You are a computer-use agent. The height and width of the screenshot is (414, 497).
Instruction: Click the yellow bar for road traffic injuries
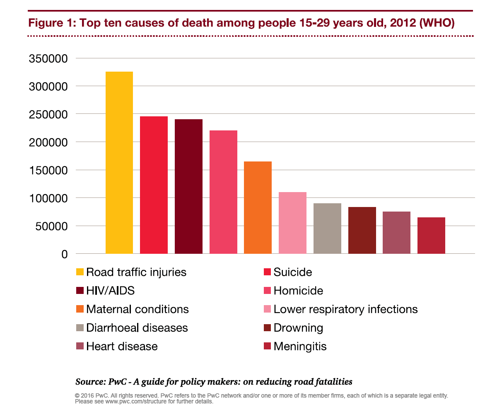point(119,163)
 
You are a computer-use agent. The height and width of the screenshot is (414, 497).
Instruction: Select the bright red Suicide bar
point(154,185)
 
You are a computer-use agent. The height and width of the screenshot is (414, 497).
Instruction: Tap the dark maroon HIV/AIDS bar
point(188,186)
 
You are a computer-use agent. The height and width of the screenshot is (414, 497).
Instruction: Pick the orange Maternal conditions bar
point(258,207)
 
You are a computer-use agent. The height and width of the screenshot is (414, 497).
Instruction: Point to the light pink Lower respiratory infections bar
point(292,223)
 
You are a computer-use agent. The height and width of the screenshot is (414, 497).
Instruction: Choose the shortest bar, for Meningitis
point(431,236)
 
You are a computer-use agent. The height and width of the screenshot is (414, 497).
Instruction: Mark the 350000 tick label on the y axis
point(48,58)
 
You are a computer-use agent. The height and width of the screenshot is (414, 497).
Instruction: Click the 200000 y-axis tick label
point(48,142)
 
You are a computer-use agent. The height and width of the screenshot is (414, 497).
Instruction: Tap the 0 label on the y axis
point(64,254)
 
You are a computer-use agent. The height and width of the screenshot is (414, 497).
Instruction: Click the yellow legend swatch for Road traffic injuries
point(80,272)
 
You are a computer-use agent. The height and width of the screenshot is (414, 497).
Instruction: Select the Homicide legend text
point(298,291)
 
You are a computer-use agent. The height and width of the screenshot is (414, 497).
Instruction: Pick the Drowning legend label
point(298,328)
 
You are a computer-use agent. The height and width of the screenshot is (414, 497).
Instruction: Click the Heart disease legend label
point(122,346)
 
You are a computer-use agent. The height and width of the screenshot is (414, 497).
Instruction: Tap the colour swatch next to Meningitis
point(267,346)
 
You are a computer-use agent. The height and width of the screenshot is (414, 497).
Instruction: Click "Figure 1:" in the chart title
point(50,23)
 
